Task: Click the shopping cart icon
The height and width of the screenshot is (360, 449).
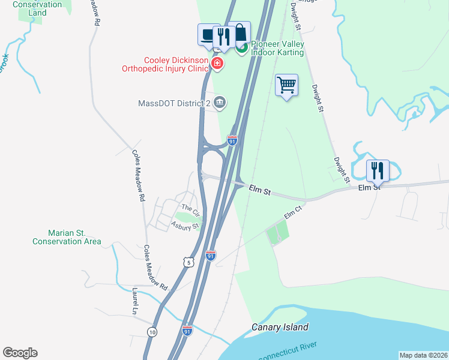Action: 287,85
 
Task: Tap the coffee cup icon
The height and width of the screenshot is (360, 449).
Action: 208,34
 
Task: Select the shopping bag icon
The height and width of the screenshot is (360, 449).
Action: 240,32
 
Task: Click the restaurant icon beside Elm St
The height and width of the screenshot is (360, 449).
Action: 378,170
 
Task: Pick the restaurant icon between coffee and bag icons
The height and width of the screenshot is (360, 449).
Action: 223,37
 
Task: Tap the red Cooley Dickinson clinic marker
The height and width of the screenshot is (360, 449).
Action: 217,63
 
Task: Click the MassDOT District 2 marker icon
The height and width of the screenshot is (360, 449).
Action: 220,103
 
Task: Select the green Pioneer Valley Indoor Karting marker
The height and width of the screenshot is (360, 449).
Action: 243,49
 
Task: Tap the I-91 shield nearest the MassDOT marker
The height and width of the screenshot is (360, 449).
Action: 232,140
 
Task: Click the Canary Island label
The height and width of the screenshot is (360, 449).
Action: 280,327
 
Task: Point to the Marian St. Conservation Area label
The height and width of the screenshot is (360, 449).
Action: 66,237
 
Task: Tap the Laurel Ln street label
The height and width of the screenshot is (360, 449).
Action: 134,301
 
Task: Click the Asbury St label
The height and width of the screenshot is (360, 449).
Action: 184,226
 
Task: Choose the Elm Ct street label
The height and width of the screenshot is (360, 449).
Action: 292,212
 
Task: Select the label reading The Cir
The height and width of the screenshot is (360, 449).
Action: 190,208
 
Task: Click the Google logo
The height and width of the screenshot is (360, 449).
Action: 20,353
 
